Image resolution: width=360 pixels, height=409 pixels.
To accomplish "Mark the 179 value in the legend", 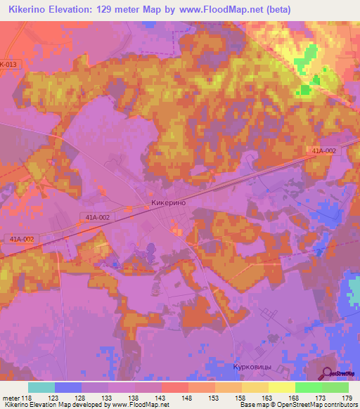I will tap(348, 396).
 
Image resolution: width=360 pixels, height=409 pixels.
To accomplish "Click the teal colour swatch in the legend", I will tap(41, 387).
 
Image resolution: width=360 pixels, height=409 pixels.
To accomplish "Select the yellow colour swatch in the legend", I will tap(282, 387).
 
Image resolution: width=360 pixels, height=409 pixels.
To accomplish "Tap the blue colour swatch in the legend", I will tap(68, 387).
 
